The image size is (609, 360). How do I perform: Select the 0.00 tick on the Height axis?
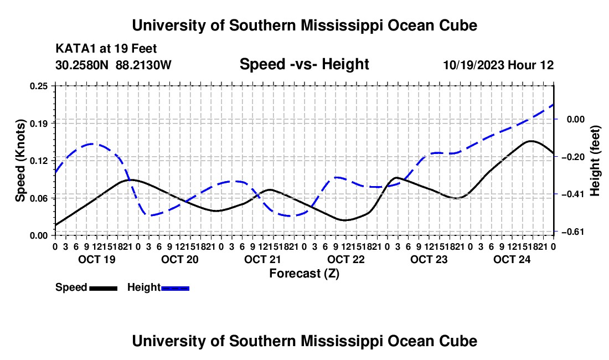(576, 119)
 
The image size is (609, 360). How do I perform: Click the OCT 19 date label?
(97, 259)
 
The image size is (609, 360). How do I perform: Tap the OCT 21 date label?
(262, 259)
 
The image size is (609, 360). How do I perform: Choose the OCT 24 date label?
(512, 259)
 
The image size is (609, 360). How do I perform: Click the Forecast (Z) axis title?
(304, 274)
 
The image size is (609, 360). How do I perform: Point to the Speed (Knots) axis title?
(20, 161)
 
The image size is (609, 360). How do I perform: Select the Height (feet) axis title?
(595, 161)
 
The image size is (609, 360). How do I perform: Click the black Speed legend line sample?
(104, 288)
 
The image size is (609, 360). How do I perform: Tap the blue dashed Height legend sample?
(175, 288)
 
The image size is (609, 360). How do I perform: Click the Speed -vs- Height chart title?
(304, 64)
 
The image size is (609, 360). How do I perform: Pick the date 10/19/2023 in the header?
(474, 65)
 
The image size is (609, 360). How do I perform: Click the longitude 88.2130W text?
(143, 65)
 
